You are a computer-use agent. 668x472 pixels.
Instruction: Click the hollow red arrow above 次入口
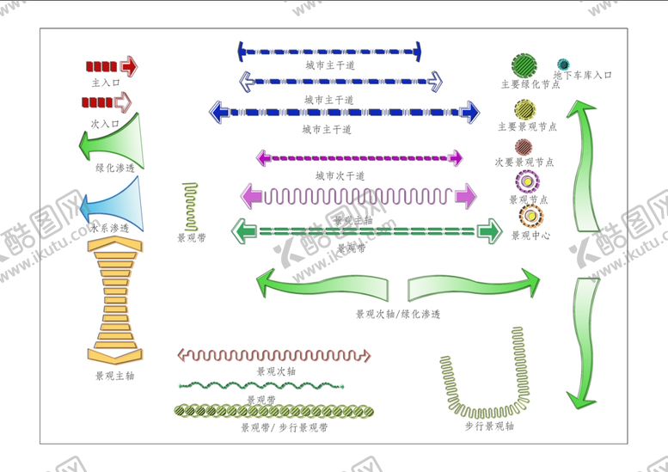107,102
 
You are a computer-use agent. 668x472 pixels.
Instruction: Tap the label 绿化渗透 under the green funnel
114,169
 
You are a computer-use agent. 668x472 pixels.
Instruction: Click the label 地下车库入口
582,76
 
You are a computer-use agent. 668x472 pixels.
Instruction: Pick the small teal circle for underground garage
563,64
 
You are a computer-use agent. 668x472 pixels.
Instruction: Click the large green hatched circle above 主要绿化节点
524,64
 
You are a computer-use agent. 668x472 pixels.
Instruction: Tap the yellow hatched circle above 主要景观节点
525,109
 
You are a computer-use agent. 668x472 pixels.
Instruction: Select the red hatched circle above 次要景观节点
525,146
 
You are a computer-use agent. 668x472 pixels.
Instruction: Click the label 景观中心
530,235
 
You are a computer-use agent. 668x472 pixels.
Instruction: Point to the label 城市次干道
340,175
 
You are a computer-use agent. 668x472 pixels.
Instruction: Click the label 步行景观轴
490,426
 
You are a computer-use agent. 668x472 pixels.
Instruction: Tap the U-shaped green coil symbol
487,371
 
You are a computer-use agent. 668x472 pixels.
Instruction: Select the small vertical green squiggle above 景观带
191,205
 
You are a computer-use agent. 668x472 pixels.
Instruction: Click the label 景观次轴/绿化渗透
398,315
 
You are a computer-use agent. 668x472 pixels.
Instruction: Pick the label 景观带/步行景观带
284,427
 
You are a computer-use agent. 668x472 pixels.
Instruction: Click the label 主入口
105,83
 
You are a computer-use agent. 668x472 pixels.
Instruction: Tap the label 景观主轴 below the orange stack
114,376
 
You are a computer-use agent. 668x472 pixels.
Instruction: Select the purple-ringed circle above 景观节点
525,181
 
